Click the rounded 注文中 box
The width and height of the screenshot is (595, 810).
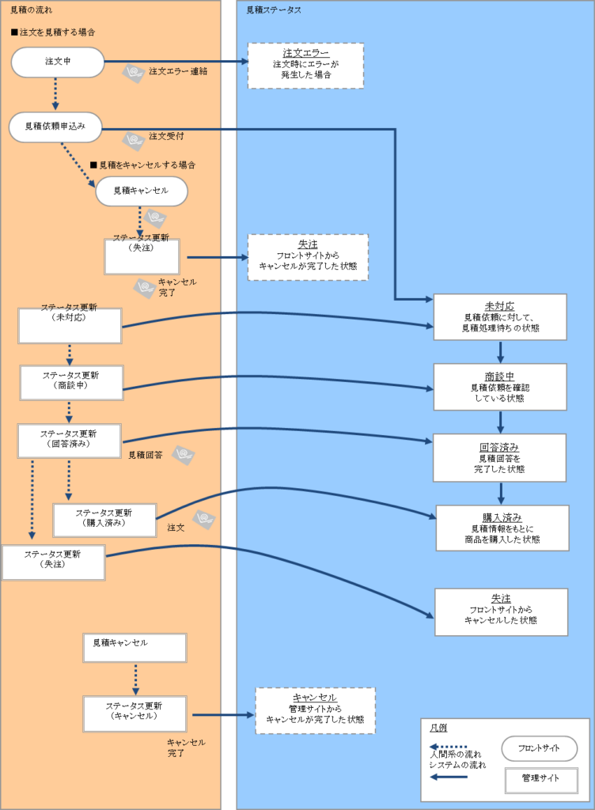58,62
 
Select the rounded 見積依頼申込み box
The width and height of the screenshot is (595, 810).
55,127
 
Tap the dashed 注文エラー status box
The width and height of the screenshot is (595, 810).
305,66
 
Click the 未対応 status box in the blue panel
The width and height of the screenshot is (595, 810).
500,316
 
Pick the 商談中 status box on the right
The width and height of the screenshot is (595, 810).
500,387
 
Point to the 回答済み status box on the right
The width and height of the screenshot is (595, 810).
499,457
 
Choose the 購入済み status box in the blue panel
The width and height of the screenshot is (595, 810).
502,528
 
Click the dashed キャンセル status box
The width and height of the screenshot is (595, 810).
315,710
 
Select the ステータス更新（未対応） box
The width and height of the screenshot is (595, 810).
70,325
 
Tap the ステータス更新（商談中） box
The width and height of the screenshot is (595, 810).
71,382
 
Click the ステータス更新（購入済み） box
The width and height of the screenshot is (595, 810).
104,520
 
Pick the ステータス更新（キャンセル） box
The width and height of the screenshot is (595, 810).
135,713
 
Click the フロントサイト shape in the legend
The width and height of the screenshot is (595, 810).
540,748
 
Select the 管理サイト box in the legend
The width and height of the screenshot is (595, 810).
541,780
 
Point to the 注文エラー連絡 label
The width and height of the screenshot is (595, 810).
178,71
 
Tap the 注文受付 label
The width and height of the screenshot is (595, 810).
166,136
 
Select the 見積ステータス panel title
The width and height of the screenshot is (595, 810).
274,10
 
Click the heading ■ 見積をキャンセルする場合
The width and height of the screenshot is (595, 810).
142,165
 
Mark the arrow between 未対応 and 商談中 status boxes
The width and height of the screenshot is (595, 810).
500,351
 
